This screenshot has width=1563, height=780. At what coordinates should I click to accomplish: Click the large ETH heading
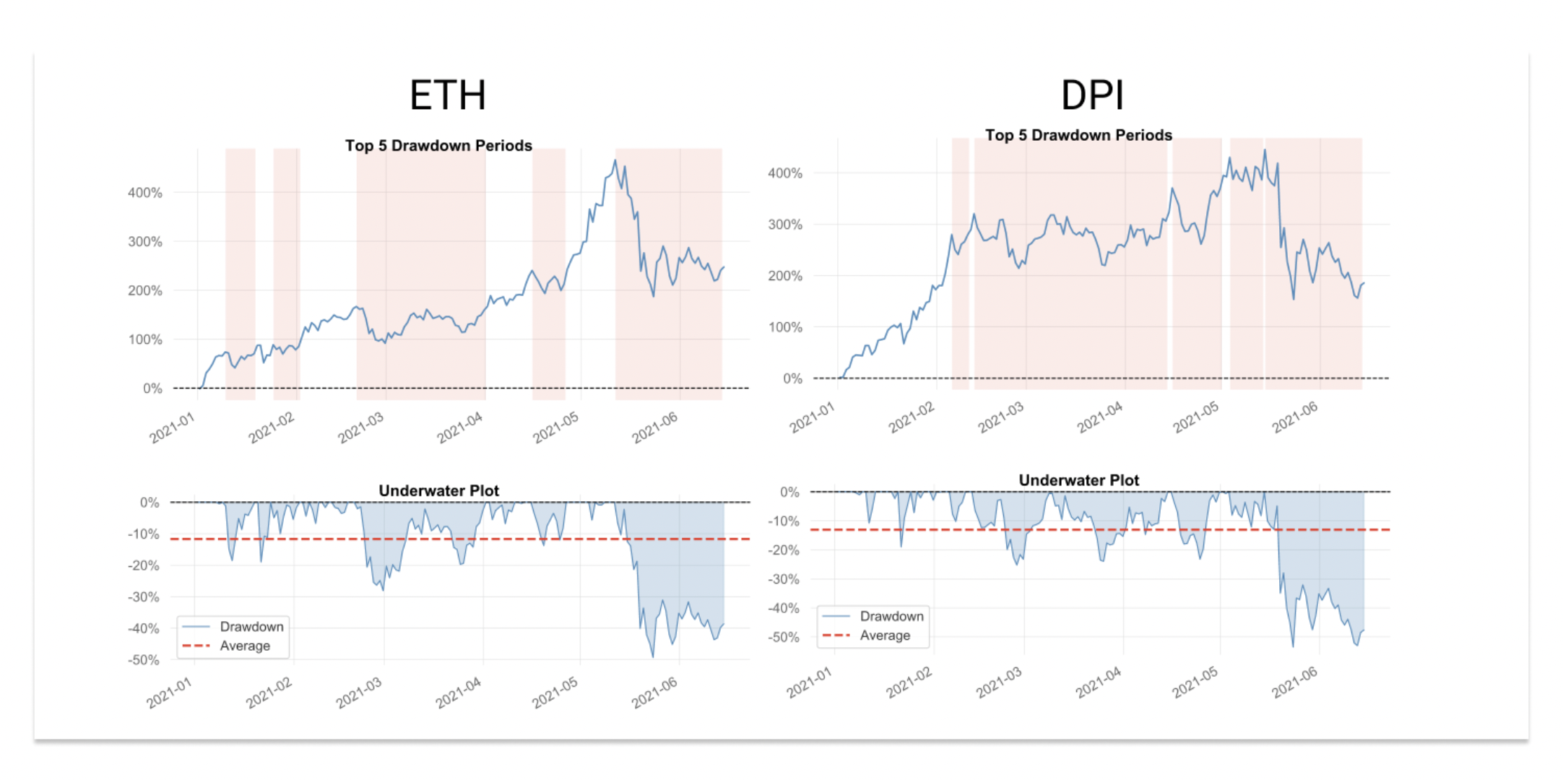tap(448, 95)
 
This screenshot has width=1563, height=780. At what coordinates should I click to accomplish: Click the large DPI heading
tap(1091, 95)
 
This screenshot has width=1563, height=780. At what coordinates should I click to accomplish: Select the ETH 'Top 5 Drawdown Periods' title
tap(438, 145)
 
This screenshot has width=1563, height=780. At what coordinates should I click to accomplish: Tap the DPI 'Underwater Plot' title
tap(1078, 480)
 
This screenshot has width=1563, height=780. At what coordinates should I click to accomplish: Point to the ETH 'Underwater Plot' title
tap(438, 490)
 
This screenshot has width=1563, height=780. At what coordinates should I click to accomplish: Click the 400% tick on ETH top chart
tap(145, 193)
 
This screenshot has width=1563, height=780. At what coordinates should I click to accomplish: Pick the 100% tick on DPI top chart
tap(785, 327)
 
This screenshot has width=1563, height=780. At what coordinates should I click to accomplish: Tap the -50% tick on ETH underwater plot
tap(144, 660)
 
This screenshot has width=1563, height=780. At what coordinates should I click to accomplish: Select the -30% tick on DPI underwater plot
tap(784, 579)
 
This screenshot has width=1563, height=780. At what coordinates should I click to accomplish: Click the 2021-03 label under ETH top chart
tap(360, 428)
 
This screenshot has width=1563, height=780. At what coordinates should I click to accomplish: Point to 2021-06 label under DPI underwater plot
tap(1294, 682)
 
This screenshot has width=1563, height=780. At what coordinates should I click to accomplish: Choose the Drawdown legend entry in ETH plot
tap(251, 626)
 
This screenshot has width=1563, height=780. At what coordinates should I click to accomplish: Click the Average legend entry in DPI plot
tap(884, 636)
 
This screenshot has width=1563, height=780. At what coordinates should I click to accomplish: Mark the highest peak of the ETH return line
tap(615, 160)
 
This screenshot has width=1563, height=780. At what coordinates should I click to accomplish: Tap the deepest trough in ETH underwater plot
tap(653, 656)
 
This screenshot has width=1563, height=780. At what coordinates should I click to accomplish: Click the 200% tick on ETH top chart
tap(145, 290)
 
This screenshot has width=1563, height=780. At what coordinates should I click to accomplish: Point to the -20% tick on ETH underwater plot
tap(144, 565)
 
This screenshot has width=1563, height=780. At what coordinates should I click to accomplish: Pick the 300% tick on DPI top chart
tap(785, 225)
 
